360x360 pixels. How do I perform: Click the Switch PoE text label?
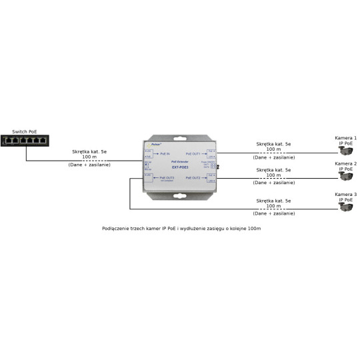(15, 133)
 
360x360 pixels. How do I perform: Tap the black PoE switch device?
(25, 141)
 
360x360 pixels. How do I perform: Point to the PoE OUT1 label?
(193, 154)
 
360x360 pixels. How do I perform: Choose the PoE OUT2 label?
(193, 178)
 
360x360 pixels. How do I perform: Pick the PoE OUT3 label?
(166, 178)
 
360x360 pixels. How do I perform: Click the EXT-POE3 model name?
(181, 166)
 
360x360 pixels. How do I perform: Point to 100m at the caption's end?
(253, 229)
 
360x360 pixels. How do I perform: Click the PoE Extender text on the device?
(180, 161)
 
